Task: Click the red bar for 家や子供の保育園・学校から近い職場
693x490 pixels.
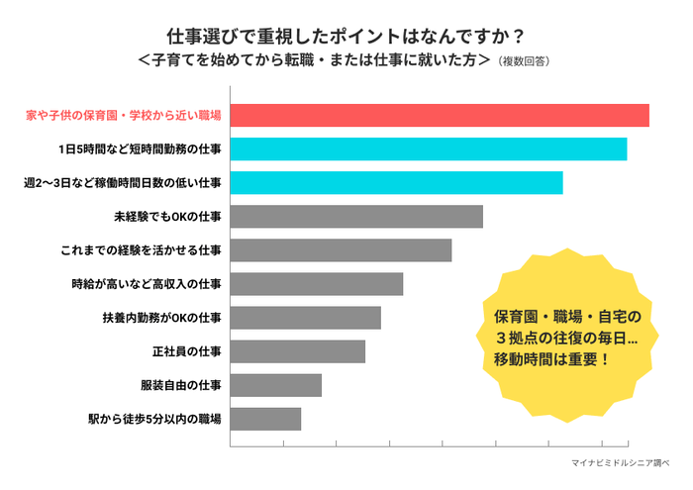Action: point(440,115)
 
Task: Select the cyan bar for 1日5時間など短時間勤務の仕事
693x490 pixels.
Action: point(428,148)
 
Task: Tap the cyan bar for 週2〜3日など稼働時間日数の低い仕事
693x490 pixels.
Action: point(396,183)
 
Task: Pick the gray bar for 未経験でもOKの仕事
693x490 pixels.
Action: point(356,217)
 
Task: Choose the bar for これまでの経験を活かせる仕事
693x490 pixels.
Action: point(341,250)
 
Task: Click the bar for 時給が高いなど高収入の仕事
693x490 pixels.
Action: point(317,284)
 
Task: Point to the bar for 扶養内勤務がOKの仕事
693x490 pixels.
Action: point(305,318)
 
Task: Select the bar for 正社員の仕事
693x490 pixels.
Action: point(297,351)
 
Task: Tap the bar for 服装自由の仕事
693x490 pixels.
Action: point(275,385)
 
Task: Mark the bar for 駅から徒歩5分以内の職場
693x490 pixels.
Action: point(265,419)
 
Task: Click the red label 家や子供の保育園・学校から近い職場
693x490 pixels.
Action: point(123,115)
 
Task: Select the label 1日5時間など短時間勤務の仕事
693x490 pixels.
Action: point(141,148)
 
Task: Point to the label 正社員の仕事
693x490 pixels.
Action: point(187,351)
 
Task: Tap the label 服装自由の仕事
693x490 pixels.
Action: point(181,385)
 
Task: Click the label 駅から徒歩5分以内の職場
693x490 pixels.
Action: point(154,419)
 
